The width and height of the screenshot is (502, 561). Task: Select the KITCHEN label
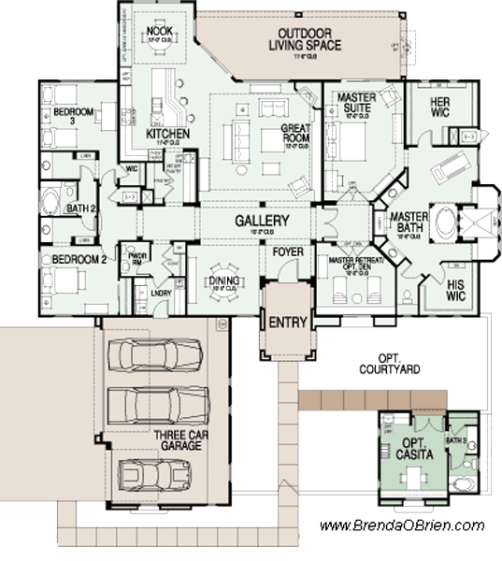pos(168,135)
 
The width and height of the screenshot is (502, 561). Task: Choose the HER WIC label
pos(440,107)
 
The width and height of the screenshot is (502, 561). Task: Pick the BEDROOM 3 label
pos(74,113)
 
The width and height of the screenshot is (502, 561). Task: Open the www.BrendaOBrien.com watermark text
pos(402,525)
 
